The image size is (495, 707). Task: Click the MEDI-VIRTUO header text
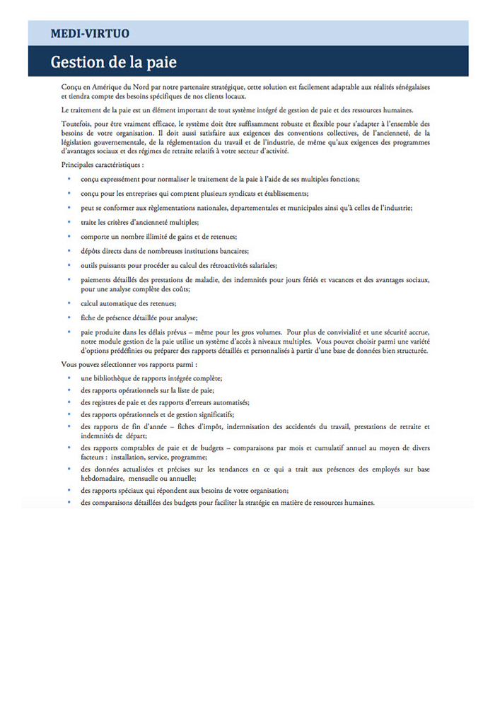coord(90,33)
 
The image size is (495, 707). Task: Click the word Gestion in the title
coord(76,62)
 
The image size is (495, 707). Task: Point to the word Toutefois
coord(76,124)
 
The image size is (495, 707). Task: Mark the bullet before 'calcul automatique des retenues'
coord(69,303)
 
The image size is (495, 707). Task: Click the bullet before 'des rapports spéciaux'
coord(69,490)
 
